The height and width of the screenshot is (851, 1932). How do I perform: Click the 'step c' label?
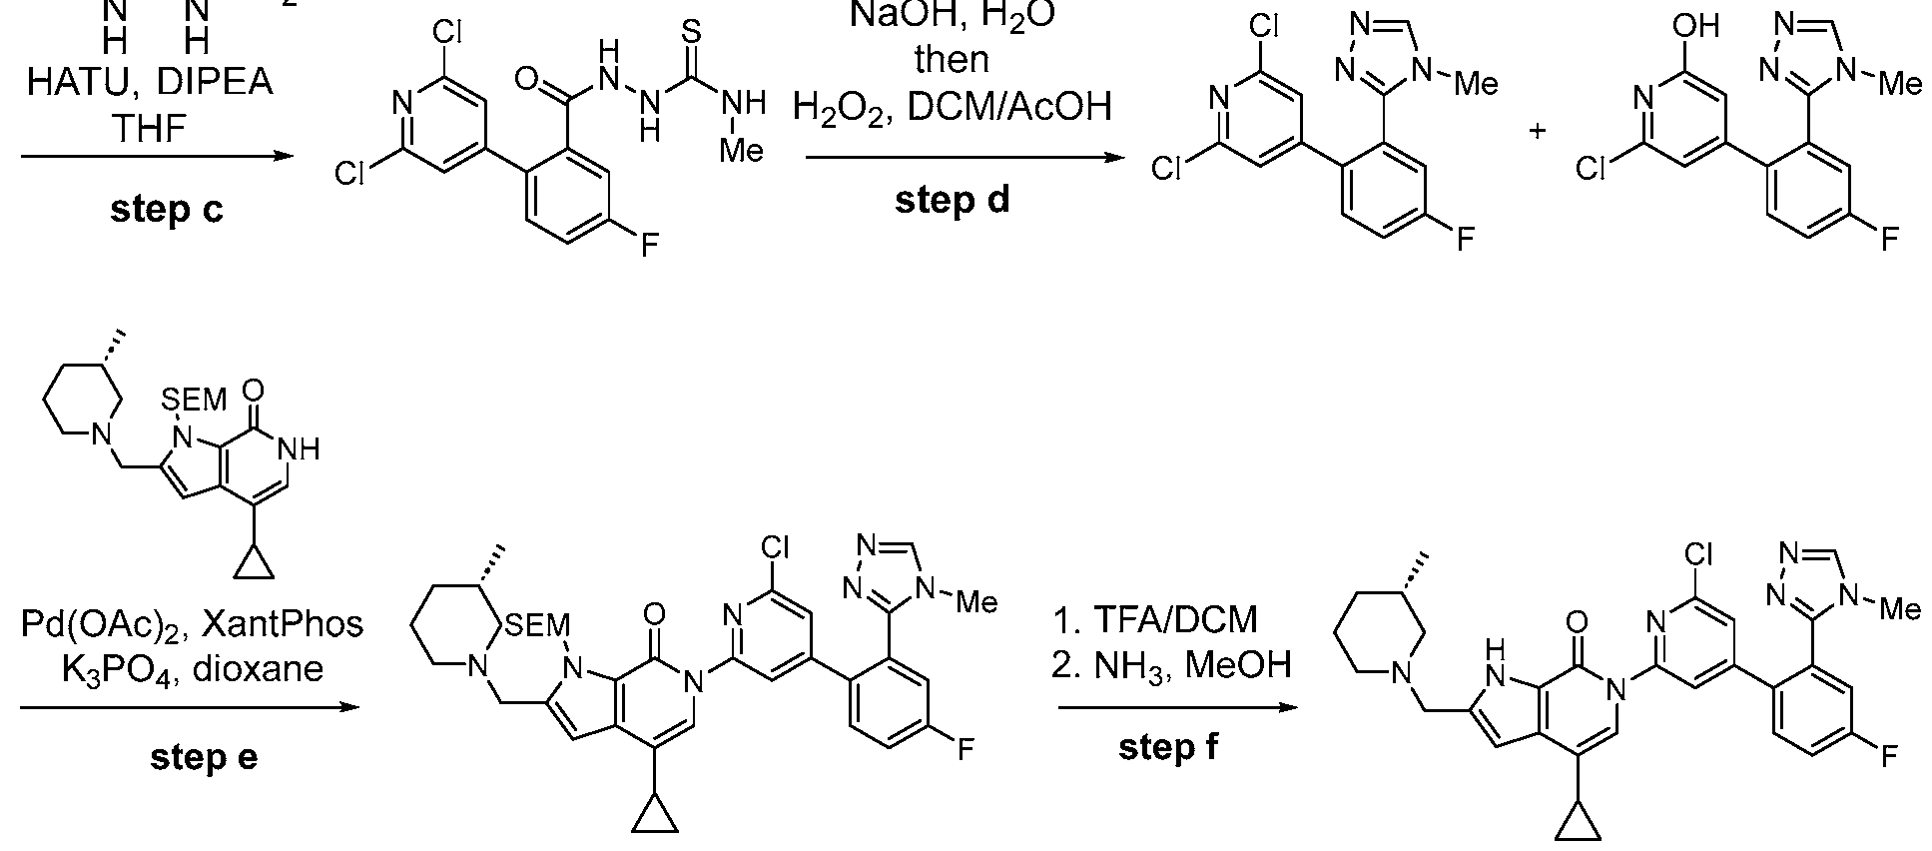coord(167,209)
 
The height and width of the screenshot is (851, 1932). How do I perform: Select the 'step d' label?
coord(952,200)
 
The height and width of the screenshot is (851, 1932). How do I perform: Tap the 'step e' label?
coord(204,757)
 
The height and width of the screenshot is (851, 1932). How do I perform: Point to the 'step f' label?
coord(1167,747)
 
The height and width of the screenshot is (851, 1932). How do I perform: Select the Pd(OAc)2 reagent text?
coord(104,625)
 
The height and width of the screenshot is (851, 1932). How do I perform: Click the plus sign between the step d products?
coord(1538,131)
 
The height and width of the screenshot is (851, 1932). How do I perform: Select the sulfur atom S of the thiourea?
coord(691,29)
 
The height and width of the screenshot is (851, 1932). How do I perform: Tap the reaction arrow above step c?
coord(157,157)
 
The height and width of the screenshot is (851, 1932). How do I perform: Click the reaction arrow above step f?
coord(1177,708)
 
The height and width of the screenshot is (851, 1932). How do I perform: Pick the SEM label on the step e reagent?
coord(194,401)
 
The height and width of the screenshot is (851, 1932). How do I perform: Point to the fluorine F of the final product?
coord(1889,757)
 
